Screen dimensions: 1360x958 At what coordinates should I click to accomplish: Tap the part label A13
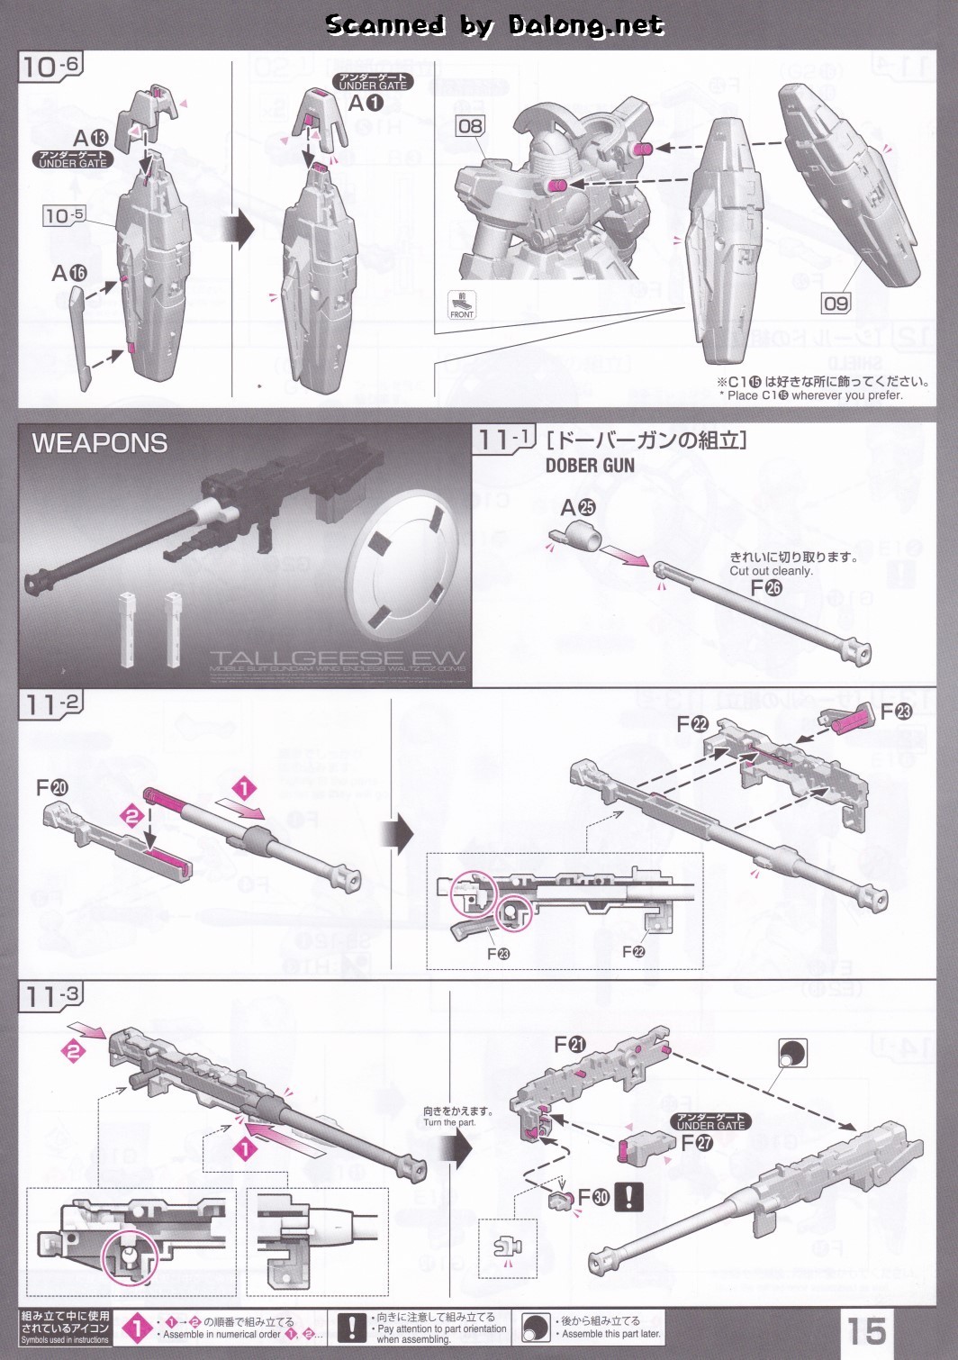[x=90, y=138]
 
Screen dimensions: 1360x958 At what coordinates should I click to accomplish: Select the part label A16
[x=69, y=272]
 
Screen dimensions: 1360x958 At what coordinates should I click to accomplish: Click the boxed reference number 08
[x=470, y=126]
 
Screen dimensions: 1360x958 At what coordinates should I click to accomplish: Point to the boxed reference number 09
[x=836, y=304]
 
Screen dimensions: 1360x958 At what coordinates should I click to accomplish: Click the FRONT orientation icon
[x=462, y=305]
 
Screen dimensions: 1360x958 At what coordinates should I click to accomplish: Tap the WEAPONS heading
[x=99, y=443]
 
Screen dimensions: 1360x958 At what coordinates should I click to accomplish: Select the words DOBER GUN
[x=590, y=466]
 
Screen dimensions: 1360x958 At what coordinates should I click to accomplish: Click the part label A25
[x=577, y=508]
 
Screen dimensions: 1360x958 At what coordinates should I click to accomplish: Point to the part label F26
[x=766, y=588]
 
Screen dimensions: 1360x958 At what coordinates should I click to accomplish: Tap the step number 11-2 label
[x=51, y=704]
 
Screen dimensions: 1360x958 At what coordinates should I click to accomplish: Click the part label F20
[x=51, y=788]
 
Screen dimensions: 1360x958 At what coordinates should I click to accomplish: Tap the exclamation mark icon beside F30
[x=628, y=1197]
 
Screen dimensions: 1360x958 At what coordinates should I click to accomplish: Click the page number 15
[x=865, y=1329]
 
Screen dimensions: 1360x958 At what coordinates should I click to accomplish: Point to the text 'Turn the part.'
[x=449, y=1122]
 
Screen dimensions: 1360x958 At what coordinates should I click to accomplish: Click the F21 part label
[x=569, y=1045]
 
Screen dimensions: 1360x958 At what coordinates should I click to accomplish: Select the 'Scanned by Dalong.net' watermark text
[x=494, y=25]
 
